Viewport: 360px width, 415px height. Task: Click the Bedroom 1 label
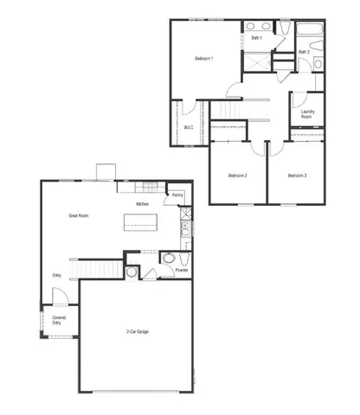coord(204,58)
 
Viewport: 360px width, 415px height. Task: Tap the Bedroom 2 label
coord(238,176)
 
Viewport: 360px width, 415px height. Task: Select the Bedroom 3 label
coord(297,176)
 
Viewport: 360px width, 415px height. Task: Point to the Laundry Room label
coord(306,114)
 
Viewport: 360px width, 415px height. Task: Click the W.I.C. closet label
coord(190,127)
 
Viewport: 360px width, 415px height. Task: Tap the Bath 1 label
coord(256,38)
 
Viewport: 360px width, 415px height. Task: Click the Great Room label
coord(80,215)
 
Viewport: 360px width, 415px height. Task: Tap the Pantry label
coord(177,196)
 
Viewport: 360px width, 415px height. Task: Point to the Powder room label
coord(182,270)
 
